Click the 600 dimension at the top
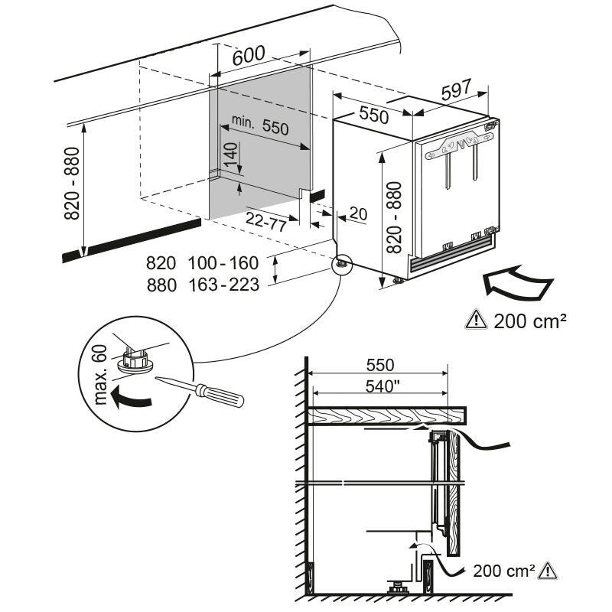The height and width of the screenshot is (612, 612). (x=249, y=54)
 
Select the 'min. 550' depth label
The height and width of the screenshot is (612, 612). (x=261, y=126)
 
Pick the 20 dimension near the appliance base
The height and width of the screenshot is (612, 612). (x=357, y=214)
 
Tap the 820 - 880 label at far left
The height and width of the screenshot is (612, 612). (x=71, y=184)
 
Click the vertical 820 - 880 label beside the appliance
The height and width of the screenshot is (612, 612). (x=395, y=217)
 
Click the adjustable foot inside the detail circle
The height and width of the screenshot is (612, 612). (x=134, y=360)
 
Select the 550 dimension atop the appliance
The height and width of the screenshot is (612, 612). (x=374, y=116)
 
